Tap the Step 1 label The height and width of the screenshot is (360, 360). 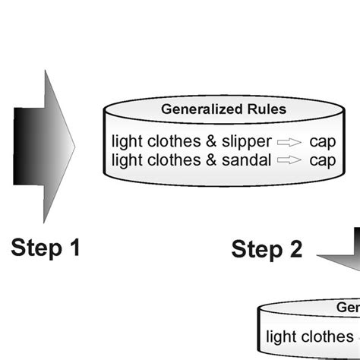[46, 247]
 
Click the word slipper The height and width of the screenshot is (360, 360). [245, 141]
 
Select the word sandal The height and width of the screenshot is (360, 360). [245, 159]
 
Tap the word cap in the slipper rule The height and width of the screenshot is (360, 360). [322, 141]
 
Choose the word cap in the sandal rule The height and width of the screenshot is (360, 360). [322, 159]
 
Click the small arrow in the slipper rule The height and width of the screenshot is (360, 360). [289, 142]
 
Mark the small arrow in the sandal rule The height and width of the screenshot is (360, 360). [289, 160]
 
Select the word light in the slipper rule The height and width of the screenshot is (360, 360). [126, 141]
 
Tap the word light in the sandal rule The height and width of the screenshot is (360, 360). [126, 159]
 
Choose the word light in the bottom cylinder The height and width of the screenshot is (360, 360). [281, 336]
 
